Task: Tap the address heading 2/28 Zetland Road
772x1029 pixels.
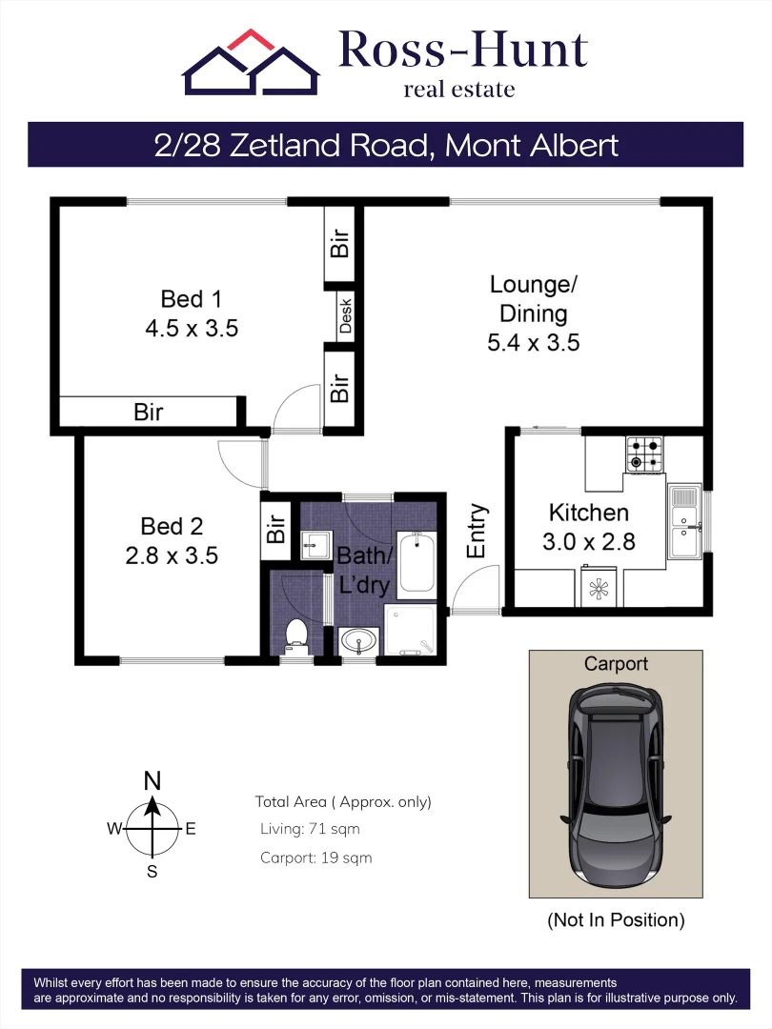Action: [385, 145]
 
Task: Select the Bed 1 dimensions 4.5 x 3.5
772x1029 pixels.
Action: [191, 330]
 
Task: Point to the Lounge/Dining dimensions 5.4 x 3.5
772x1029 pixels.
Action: [533, 343]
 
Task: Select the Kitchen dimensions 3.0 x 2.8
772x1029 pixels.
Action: [588, 541]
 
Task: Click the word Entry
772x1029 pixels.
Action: [477, 531]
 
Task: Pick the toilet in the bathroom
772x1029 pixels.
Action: [295, 636]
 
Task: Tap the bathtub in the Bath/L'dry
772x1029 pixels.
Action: [416, 564]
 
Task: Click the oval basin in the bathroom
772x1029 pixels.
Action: [358, 641]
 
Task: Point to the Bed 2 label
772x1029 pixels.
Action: [172, 526]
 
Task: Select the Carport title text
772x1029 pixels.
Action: [616, 663]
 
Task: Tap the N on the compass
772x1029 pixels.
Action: [152, 781]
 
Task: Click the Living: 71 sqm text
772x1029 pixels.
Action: [310, 829]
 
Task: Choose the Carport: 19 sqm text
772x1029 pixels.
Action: [315, 857]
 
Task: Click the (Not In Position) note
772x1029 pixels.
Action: [616, 920]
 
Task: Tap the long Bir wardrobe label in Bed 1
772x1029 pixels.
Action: [148, 413]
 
